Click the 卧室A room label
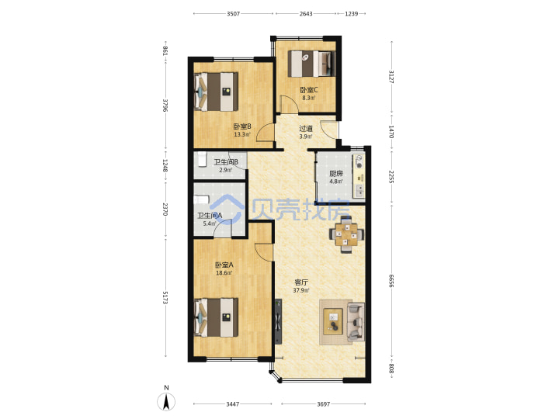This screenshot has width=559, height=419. point(224,265)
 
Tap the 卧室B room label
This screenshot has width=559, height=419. point(242,126)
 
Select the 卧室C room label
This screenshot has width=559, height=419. point(309,90)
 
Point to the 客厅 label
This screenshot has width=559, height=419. point(301,282)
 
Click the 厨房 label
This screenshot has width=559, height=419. point(336,174)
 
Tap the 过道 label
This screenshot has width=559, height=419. point(306,128)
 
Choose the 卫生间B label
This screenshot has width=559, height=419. point(226,162)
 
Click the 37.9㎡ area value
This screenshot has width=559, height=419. point(301,290)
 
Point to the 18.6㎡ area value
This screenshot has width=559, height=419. point(224,273)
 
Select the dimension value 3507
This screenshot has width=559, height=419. point(233,14)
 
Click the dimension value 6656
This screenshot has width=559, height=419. point(391,281)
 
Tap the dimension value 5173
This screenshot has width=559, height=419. point(165,297)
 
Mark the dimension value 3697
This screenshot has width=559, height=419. point(323,404)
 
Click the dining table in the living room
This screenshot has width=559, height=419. point(346,234)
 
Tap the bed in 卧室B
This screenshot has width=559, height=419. point(216,92)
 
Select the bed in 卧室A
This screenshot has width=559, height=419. point(216,317)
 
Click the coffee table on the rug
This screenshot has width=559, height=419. point(333,322)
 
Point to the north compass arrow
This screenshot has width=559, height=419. point(166,402)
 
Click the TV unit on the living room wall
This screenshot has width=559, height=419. point(278,321)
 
